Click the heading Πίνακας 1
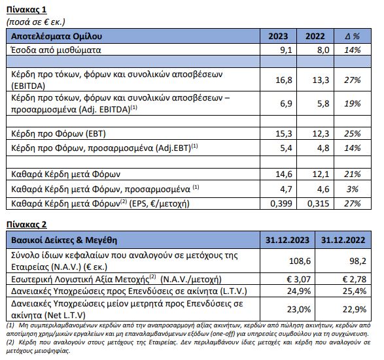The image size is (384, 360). [26, 10]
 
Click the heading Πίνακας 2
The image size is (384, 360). [26, 224]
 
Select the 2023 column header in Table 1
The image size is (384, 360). [278, 36]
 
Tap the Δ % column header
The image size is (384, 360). [352, 36]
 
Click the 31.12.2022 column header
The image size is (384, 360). [343, 240]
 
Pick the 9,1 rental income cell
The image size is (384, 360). [286, 50]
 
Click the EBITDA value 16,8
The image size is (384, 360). [284, 80]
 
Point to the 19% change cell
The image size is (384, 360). [353, 103]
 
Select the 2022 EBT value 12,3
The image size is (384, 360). [321, 133]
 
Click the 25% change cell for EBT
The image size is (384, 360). [353, 133]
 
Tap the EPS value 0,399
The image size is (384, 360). [281, 203]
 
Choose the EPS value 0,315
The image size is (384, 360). [318, 203]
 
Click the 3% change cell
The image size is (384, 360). [353, 189]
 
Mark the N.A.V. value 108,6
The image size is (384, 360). [300, 261]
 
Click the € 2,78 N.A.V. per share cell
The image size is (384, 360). [354, 279]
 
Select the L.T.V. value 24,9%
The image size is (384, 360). [299, 291]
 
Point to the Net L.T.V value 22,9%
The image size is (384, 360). [355, 310]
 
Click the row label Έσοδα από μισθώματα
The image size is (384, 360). [56, 50]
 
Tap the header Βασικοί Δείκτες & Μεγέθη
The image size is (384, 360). [64, 240]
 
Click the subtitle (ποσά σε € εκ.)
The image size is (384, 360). [36, 22]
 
